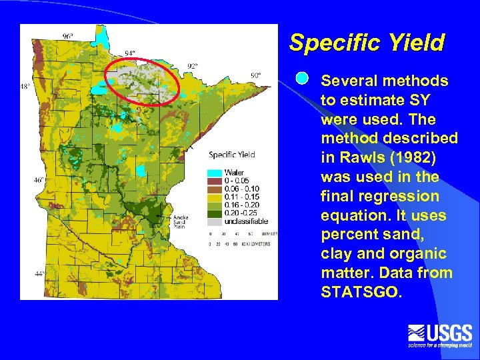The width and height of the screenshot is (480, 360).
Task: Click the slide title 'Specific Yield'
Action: point(366,43)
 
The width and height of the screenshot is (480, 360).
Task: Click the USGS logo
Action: point(439,335)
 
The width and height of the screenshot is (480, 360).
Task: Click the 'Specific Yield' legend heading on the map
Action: point(232,155)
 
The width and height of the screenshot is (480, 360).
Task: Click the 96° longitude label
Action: point(68,35)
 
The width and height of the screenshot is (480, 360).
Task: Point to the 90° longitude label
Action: point(255,75)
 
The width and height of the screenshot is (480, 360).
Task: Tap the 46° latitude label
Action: point(40,180)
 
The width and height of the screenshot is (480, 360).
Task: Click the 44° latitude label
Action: point(40,274)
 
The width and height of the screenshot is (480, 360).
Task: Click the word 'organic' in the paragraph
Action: point(423,254)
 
